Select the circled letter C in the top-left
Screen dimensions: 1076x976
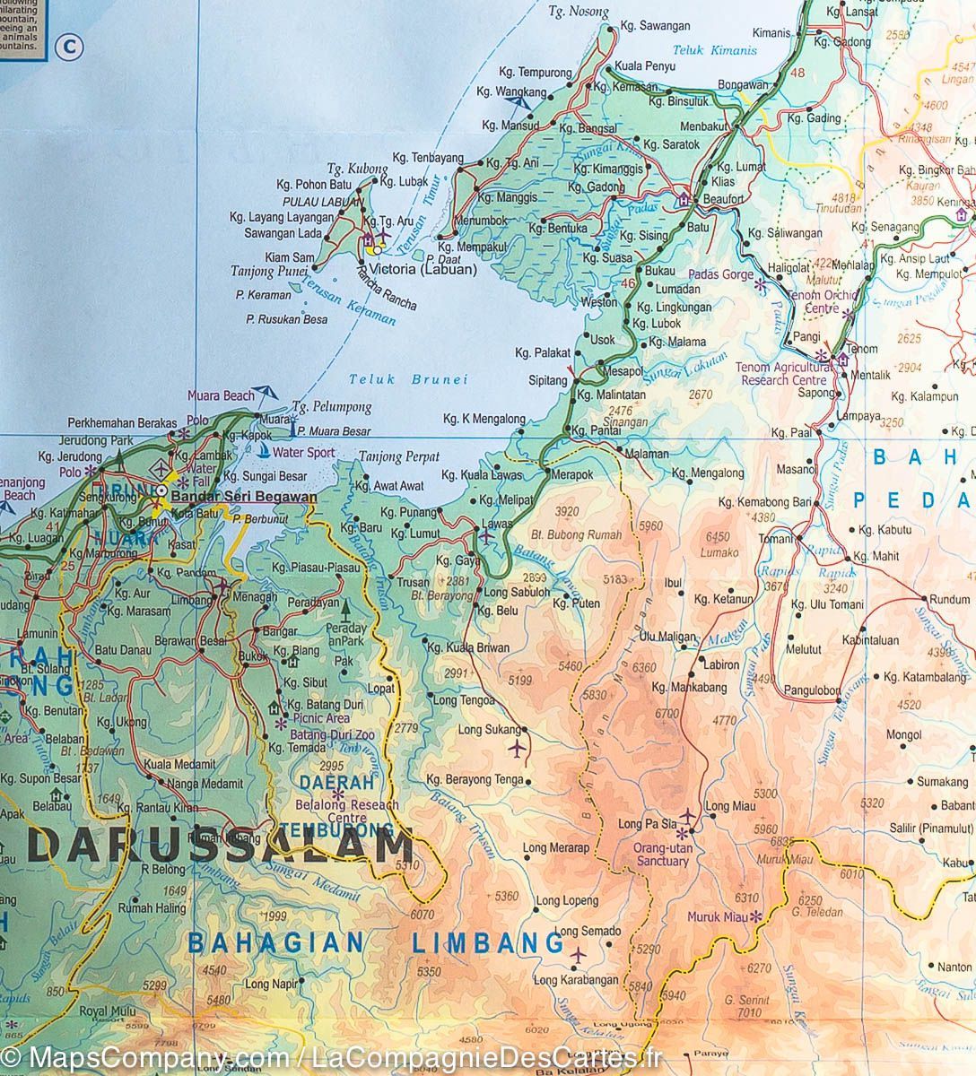pos(68,46)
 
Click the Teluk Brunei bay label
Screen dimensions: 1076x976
pos(408,379)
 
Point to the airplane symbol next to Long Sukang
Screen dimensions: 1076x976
pos(518,747)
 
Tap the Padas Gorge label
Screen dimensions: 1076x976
pos(720,274)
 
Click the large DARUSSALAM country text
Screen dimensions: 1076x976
pos(220,846)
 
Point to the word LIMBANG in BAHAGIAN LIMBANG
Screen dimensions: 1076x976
pos(488,943)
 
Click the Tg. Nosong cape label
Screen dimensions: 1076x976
pos(578,12)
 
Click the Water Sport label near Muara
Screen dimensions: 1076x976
pos(303,453)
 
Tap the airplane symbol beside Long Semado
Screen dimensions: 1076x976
pos(578,954)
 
